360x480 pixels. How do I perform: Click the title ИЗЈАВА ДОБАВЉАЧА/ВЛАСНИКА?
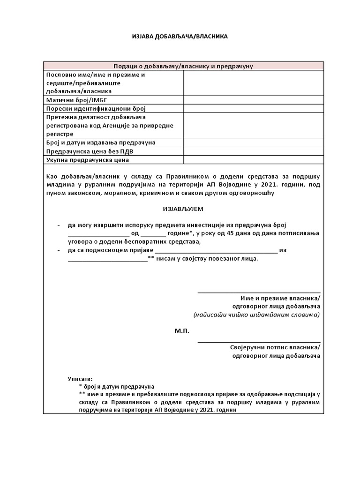coord(180,37)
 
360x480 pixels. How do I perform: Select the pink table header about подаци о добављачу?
coord(183,66)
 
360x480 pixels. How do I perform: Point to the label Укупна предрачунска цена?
coord(88,160)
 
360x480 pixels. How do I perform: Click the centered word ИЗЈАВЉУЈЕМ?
coord(180,208)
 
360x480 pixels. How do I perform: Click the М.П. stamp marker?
coord(182,331)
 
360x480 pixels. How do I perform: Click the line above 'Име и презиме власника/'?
coord(259,292)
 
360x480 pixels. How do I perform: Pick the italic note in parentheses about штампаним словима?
coord(256,315)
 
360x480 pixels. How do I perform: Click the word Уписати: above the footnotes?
coord(80,378)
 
